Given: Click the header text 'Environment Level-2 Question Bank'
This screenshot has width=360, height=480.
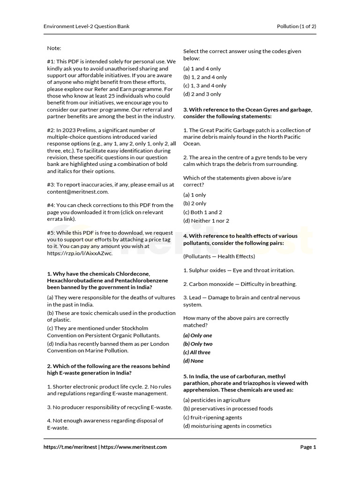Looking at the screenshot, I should click(86, 26).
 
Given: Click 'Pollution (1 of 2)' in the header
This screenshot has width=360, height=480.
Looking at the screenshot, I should click(296, 26).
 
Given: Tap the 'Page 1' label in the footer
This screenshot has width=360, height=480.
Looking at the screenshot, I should click(308, 447).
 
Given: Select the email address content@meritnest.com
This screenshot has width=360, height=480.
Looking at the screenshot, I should click(77, 192).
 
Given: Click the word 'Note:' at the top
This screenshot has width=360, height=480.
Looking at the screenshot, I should click(54, 48).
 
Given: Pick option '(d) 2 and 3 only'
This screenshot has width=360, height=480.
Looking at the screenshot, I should click(202, 94).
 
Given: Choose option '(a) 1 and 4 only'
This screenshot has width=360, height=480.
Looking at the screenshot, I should click(202, 68).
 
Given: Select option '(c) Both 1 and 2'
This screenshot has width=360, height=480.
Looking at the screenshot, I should click(202, 212).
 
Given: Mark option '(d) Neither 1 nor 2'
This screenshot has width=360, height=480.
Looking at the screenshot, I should click(206, 221).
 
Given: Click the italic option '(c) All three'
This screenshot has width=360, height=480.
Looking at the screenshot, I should click(197, 352).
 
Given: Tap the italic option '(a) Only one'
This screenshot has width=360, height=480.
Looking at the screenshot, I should click(198, 336).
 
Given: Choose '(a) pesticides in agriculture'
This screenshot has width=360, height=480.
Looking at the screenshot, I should click(217, 400).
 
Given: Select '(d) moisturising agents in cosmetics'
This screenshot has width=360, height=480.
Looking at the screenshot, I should click(227, 426).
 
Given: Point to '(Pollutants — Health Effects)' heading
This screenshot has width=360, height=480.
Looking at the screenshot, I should click(219, 256).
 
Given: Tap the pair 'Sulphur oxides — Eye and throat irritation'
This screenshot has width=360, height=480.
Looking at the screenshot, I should click(239, 270).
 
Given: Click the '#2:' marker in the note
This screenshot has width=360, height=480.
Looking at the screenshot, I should click(51, 130).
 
